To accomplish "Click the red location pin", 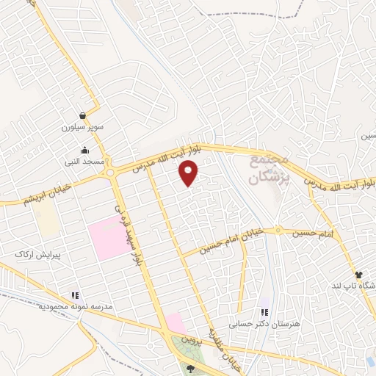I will coord(189,173).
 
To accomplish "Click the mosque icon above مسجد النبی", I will coord(85,151).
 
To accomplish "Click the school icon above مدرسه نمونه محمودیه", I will coord(75,295).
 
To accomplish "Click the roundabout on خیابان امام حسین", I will coord(278,231).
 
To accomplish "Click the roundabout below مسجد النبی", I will coord(110,173).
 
